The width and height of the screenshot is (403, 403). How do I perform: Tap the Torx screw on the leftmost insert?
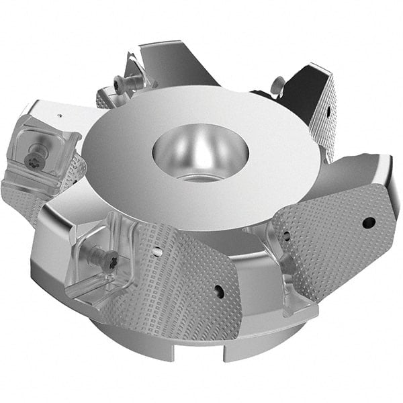tap(31, 159)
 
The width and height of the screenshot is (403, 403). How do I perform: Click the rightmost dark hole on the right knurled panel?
tap(368, 222)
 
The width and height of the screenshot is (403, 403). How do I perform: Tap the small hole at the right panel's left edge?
tap(287, 236)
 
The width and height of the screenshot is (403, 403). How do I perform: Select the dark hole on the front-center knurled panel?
tap(218, 291)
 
